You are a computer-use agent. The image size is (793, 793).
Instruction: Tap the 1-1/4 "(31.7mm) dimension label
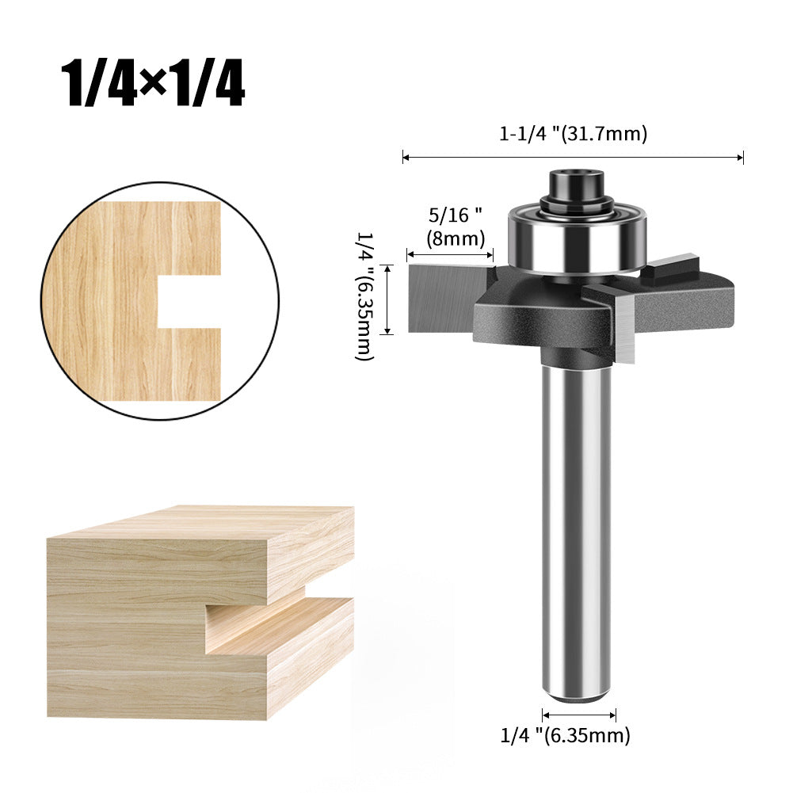[x=573, y=134]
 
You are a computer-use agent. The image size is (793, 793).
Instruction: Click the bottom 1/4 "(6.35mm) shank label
[x=566, y=736]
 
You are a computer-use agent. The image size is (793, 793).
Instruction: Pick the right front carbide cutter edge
[x=623, y=325]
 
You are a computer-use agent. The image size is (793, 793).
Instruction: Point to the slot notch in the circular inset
[x=189, y=301]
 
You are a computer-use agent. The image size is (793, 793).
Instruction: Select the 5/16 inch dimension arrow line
[x=450, y=254]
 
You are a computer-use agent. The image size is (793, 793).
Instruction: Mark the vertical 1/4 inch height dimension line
[x=387, y=299]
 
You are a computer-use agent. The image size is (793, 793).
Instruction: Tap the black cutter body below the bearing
[x=539, y=317]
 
